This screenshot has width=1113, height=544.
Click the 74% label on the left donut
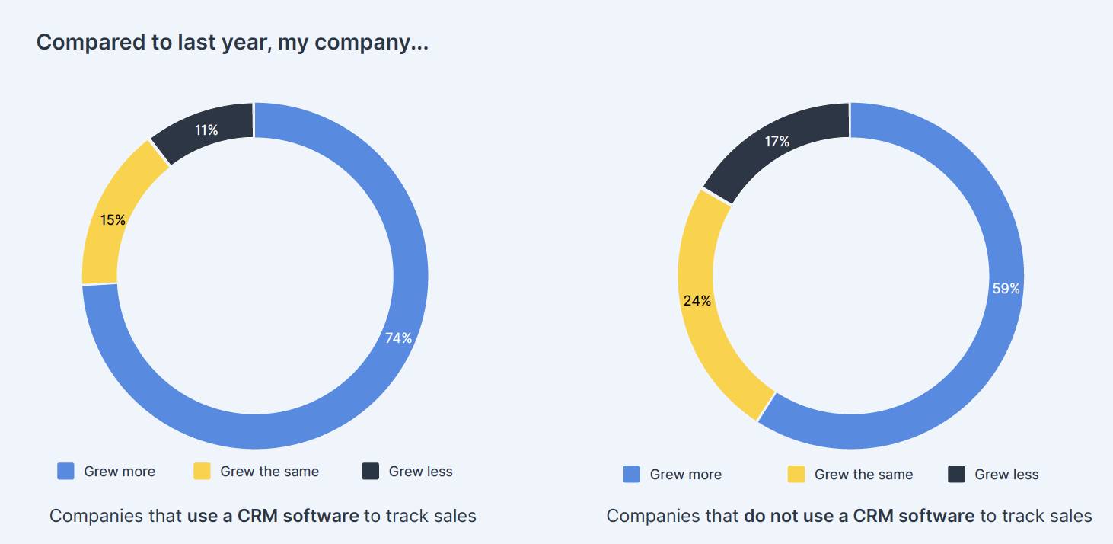(398, 338)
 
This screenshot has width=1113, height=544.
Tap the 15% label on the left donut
(113, 220)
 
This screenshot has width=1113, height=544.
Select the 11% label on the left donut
(206, 130)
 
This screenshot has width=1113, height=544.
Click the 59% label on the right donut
(1006, 289)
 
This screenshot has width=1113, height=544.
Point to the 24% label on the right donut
(697, 301)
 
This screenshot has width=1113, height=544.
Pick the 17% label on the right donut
(777, 142)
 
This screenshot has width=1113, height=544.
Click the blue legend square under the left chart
(66, 472)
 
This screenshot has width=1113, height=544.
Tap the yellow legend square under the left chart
(202, 472)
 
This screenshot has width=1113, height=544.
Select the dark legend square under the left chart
(371, 472)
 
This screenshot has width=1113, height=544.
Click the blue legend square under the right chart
(632, 475)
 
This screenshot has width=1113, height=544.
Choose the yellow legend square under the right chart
(796, 475)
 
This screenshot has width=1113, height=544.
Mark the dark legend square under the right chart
(957, 475)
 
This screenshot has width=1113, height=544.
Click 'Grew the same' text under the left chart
(269, 472)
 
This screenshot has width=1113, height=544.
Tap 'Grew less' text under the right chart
(1006, 475)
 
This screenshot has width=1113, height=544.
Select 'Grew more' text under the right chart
(685, 475)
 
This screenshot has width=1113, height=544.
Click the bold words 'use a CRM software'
(273, 516)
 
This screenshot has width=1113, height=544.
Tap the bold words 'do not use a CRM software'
(859, 516)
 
